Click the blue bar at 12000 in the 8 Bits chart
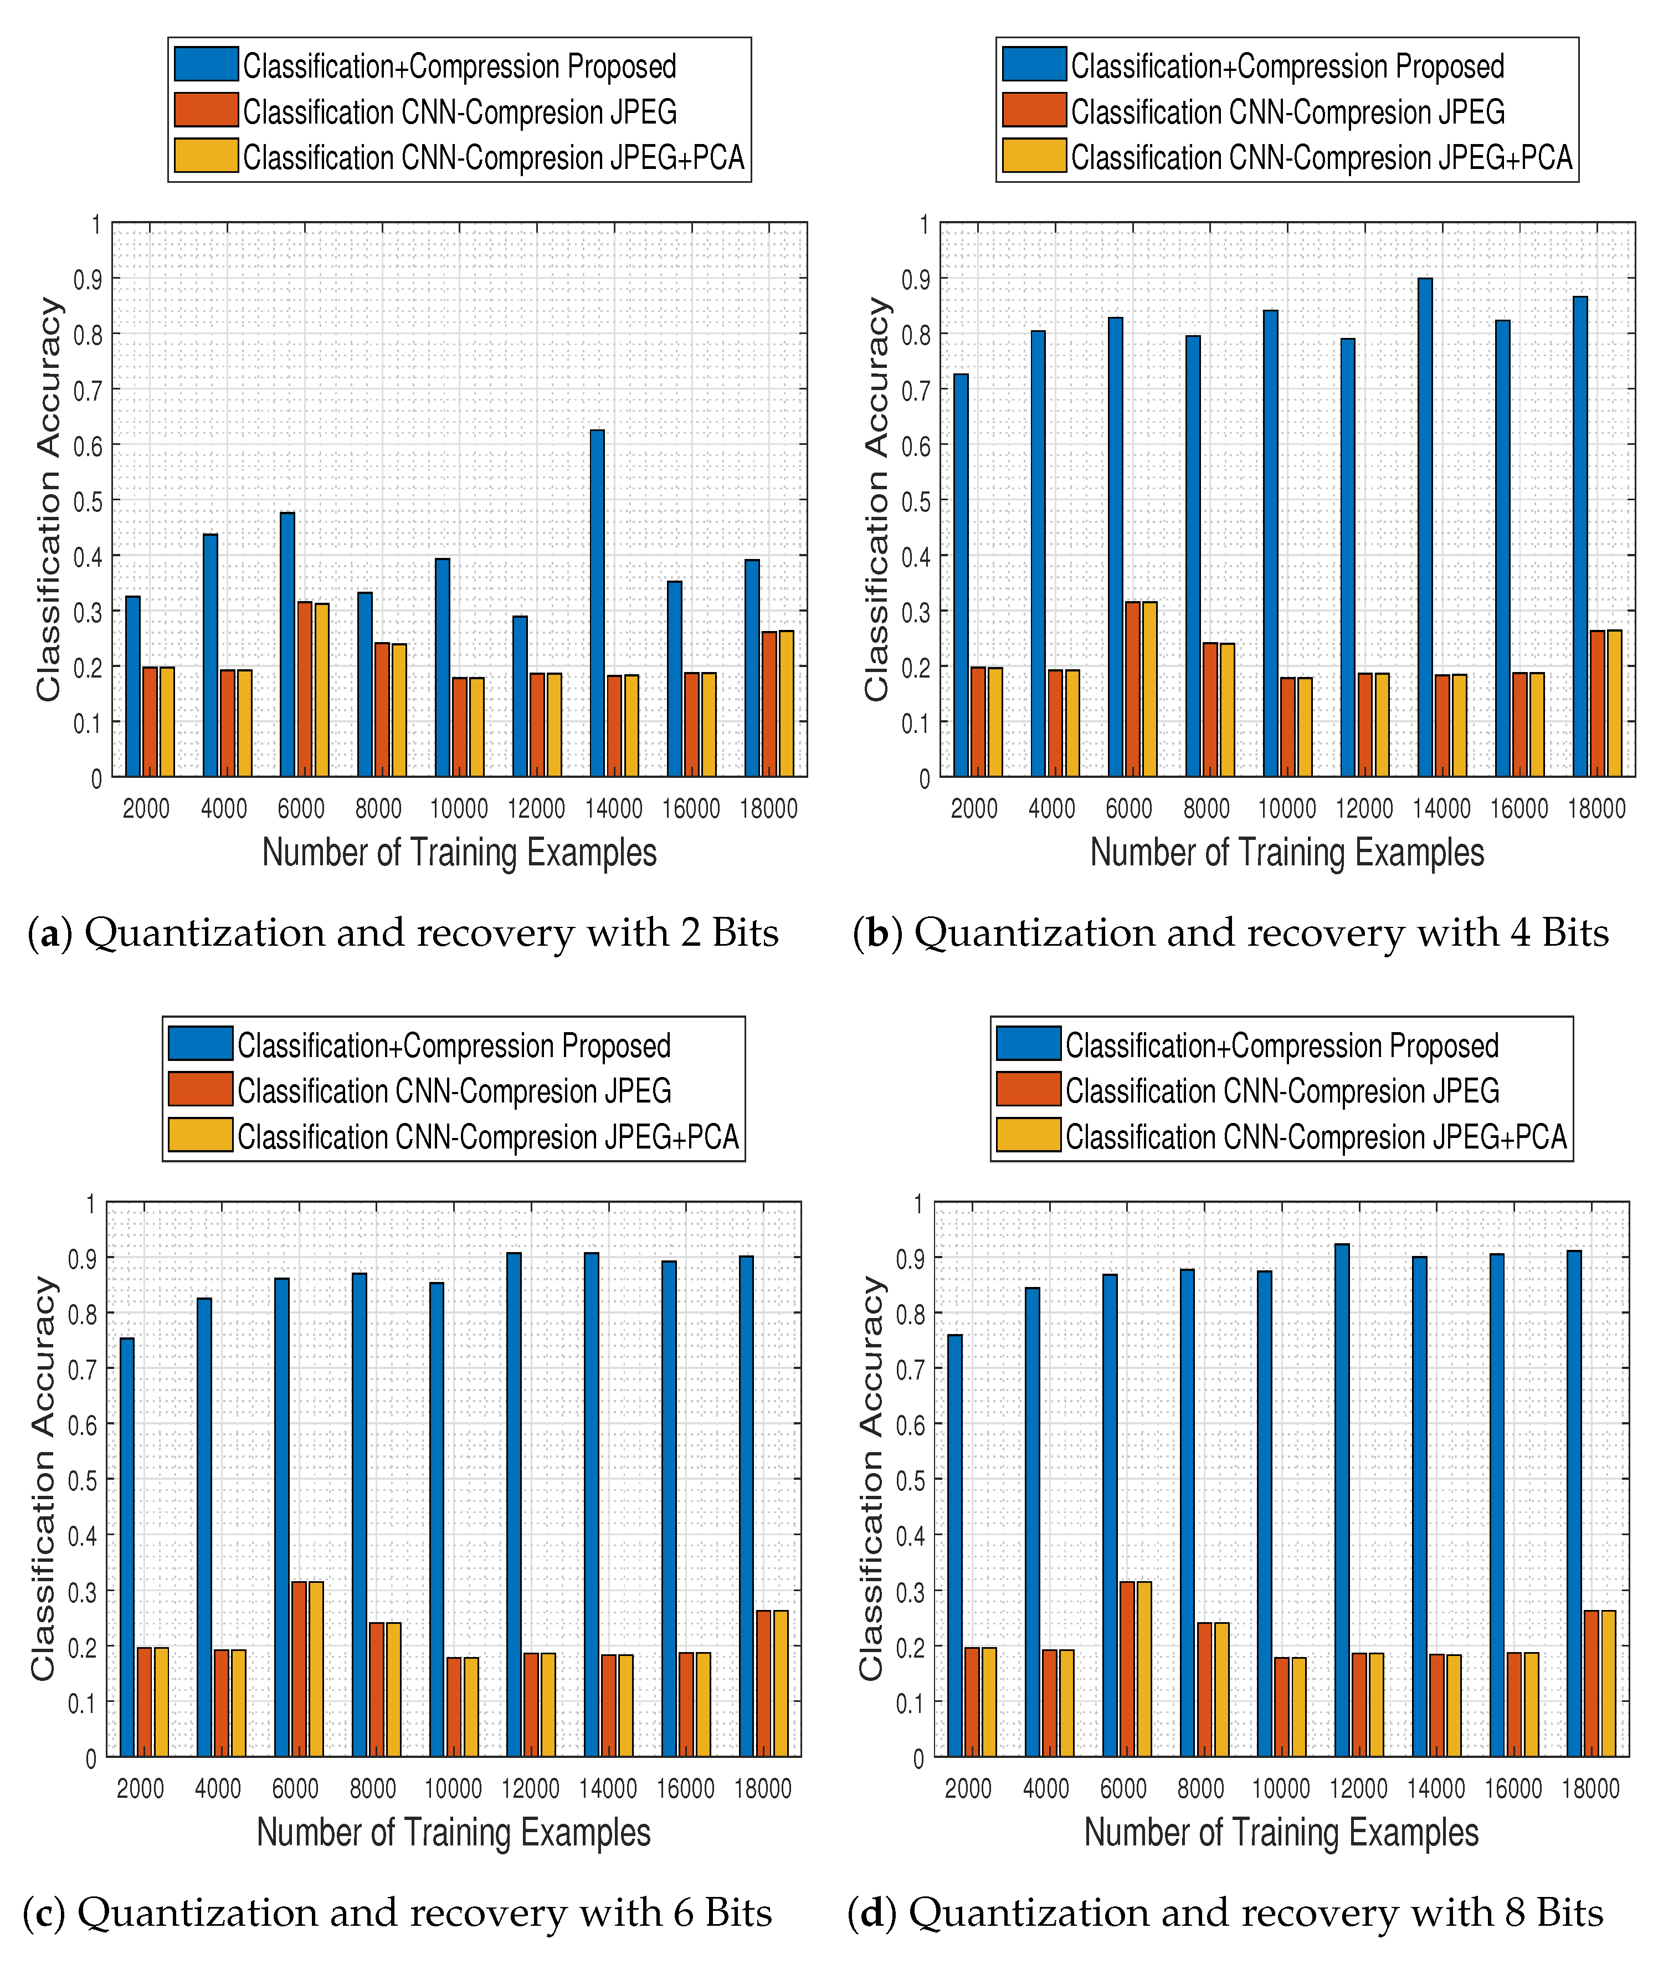[1342, 1499]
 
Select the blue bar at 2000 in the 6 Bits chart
[126, 1546]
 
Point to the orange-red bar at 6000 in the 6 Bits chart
[299, 1668]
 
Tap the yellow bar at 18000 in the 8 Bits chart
[1608, 1682]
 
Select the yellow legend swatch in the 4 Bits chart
[1034, 156]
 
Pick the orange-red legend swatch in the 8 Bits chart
[1028, 1089]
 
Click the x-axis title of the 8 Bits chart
[1281, 1832]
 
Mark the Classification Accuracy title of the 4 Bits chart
[877, 499]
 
